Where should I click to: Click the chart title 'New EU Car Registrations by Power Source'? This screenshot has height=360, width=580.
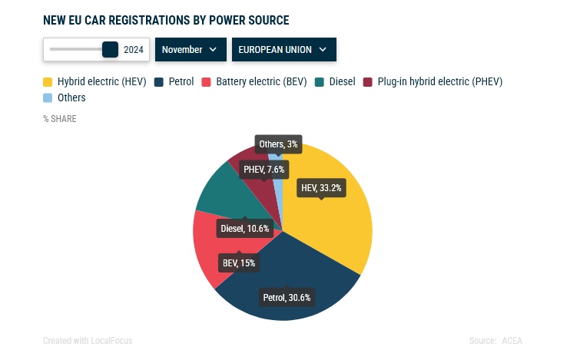coord(166,20)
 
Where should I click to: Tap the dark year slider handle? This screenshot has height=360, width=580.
coord(110,50)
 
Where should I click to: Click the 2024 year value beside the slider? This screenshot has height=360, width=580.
coord(134,50)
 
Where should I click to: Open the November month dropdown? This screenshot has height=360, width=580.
coord(191,50)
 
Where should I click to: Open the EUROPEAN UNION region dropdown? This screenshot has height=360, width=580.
coord(284,50)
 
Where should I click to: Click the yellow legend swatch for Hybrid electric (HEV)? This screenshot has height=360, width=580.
coord(48,81)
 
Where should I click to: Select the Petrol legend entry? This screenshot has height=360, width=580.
coord(174,81)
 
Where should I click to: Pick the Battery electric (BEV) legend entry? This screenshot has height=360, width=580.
coord(254,81)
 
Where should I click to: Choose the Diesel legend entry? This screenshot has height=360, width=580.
coord(335,81)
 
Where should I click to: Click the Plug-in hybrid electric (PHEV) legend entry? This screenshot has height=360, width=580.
coord(433,81)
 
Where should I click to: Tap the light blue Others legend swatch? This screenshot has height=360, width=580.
coord(48,98)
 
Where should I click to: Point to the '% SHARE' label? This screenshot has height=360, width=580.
coord(60,119)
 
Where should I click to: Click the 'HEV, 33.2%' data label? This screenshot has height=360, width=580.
coord(321,188)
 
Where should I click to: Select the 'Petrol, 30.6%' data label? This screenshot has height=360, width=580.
coord(287,298)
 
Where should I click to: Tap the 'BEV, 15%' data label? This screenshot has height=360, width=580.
coord(239,263)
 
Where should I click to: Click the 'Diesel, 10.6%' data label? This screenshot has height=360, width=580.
coord(245,229)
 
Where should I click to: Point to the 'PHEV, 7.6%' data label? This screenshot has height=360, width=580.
coord(264,170)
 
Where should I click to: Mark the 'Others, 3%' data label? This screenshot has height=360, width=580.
coord(278,144)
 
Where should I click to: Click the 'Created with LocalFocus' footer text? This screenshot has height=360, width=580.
coord(88,340)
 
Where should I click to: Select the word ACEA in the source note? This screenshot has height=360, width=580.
coord(512,340)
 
